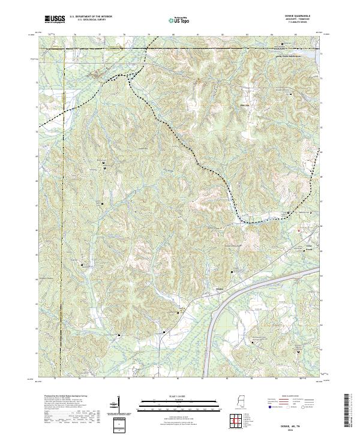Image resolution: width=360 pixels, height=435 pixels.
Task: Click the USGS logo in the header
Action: pyautogui.click(x=56, y=20)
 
